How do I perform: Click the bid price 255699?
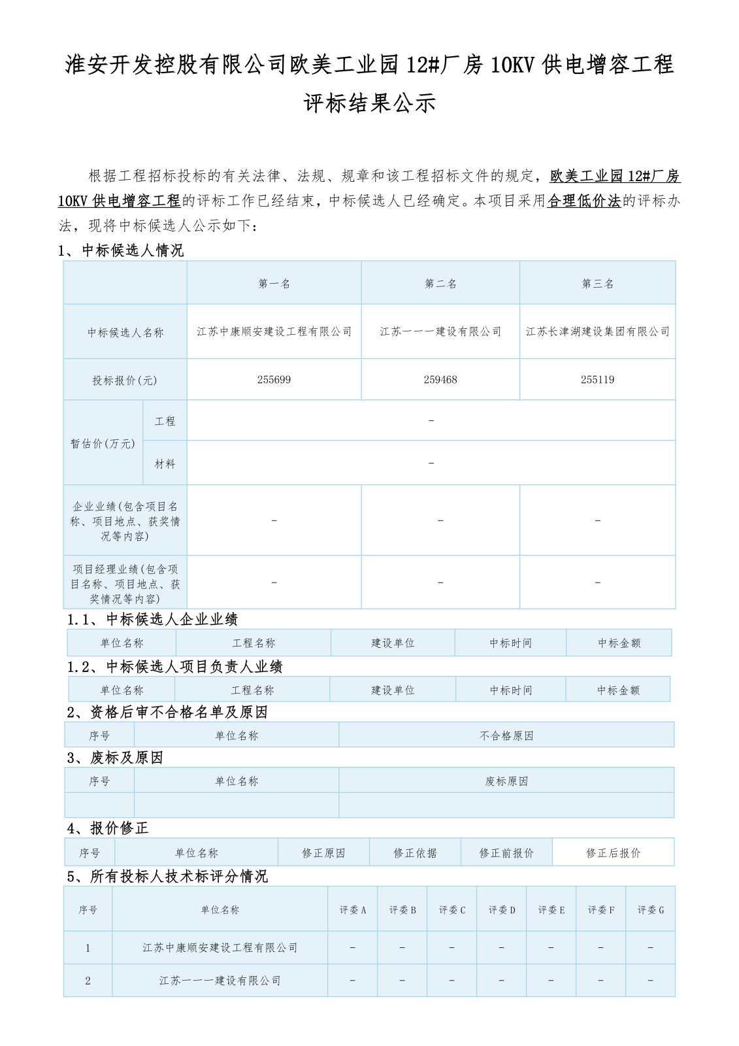(x=274, y=380)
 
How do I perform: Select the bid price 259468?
(x=440, y=380)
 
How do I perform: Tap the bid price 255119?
(x=597, y=380)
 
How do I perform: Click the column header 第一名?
(x=274, y=284)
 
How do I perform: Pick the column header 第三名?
(x=597, y=284)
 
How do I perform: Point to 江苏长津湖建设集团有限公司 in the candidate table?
(x=597, y=332)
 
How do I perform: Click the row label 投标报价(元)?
(x=125, y=380)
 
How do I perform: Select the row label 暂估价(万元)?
(x=103, y=444)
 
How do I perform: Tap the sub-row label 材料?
(x=165, y=464)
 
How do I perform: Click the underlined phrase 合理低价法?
(x=583, y=201)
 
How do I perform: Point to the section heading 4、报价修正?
(x=108, y=828)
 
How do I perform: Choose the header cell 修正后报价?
(x=613, y=853)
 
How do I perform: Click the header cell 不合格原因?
(x=506, y=736)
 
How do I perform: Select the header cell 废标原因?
(x=506, y=781)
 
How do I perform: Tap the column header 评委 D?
(x=502, y=910)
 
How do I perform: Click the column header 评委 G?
(x=650, y=910)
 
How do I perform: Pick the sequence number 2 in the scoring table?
(x=88, y=981)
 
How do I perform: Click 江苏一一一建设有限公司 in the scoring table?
(x=220, y=981)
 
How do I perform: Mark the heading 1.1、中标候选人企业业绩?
(x=153, y=620)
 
